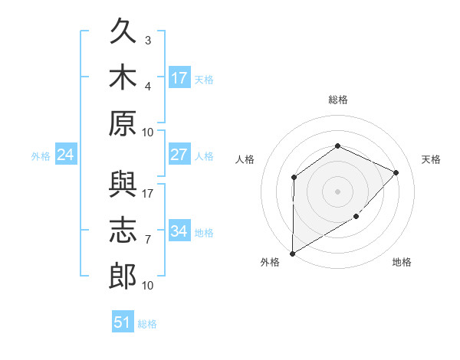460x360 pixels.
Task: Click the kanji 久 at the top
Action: coord(123,30)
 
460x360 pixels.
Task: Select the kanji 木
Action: coord(123,77)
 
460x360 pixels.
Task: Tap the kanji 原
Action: coord(123,123)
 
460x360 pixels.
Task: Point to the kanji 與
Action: coord(123,184)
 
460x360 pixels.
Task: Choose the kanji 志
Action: coord(123,230)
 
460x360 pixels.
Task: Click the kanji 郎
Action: coord(123,276)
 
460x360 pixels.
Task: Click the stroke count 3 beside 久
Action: coord(148,40)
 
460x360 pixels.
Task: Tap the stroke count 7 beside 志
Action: coord(148,240)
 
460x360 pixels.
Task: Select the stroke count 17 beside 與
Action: coord(147,194)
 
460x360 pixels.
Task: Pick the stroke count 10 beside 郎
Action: coord(147,285)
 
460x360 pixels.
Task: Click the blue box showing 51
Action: coord(123,321)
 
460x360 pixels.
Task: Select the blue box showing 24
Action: coord(66,154)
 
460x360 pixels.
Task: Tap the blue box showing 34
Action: coord(179,230)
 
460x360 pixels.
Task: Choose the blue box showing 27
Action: coord(179,154)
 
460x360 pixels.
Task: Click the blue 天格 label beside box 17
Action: coord(204,80)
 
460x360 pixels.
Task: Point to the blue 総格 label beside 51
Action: coord(147,324)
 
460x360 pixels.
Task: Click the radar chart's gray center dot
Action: coord(337,191)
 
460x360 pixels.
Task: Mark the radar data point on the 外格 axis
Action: coord(293,254)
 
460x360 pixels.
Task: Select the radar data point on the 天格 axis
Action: coord(396,172)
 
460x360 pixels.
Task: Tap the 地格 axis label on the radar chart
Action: coord(402,262)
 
